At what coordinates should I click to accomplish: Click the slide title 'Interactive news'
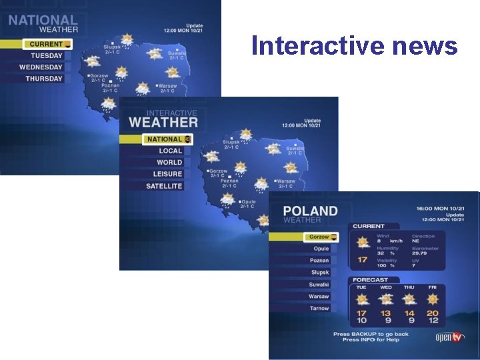click(x=354, y=46)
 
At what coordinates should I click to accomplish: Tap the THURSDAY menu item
click(x=44, y=79)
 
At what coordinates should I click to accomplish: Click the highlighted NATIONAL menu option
click(x=165, y=139)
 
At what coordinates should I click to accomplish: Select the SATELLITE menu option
click(x=164, y=186)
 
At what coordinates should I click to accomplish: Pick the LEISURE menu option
click(x=167, y=174)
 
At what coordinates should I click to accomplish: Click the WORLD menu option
click(x=169, y=163)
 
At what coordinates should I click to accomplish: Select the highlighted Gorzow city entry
click(x=319, y=237)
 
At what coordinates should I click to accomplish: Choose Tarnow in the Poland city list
click(x=319, y=308)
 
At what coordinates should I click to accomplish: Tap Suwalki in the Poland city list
click(x=319, y=285)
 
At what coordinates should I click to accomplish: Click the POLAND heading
click(x=310, y=211)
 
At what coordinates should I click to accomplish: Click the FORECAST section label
click(x=370, y=280)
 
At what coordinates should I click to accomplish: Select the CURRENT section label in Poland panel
click(x=369, y=227)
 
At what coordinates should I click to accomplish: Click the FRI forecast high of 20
click(x=433, y=313)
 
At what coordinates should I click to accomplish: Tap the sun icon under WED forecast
click(x=385, y=299)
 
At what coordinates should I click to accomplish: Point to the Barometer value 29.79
click(x=420, y=253)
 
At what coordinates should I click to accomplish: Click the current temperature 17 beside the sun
click(x=362, y=260)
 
